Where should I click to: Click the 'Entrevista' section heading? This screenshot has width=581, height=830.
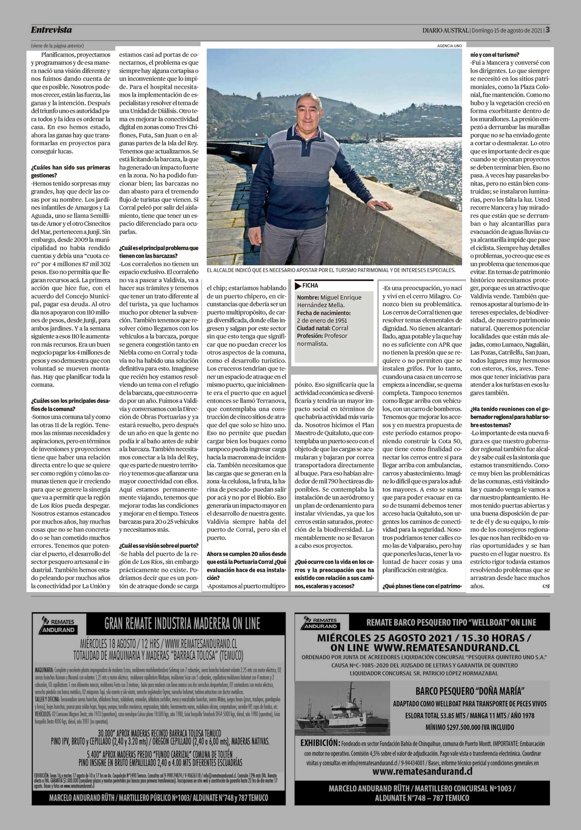pyautogui.click(x=51, y=30)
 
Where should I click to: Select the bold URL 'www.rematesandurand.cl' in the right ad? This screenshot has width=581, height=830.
pyautogui.click(x=422, y=771)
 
